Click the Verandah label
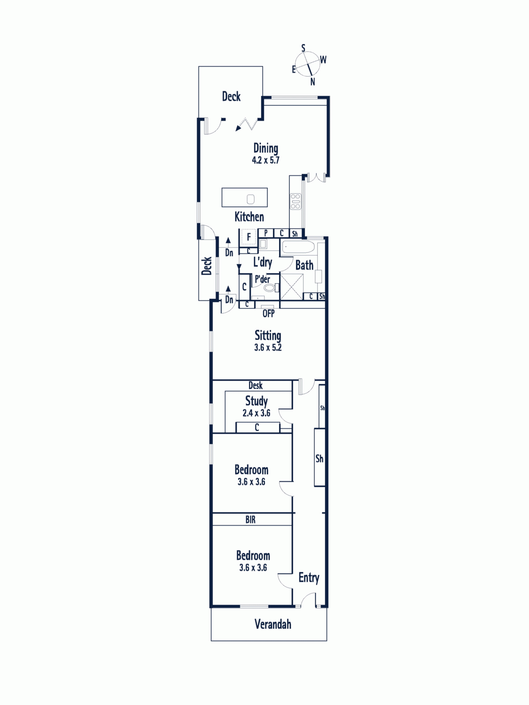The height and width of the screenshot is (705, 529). coord(273,624)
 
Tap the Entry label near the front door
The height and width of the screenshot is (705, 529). coord(309,578)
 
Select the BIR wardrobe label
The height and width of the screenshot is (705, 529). coord(250,519)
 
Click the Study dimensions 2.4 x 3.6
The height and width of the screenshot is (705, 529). coord(256,413)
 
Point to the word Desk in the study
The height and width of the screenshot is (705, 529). coord(256,386)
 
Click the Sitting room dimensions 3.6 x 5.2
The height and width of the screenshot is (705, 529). coord(268,348)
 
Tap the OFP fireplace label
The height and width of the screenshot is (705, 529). coord(268,313)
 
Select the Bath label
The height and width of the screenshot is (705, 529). coord(305,265)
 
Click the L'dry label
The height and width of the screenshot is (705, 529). coord(263,263)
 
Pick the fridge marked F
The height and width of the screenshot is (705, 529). coord(249,237)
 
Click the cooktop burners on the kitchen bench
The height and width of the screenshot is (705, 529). coord(295,201)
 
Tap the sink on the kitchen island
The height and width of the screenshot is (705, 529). coord(250,199)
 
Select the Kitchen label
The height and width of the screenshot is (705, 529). coord(249,217)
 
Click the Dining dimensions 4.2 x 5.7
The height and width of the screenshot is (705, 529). coord(266,160)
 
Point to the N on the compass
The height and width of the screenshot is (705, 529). coord(313,82)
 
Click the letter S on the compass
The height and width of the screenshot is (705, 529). coord(303,48)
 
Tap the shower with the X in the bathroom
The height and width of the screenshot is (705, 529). coord(292,287)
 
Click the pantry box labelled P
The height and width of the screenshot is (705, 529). coord(266,233)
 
